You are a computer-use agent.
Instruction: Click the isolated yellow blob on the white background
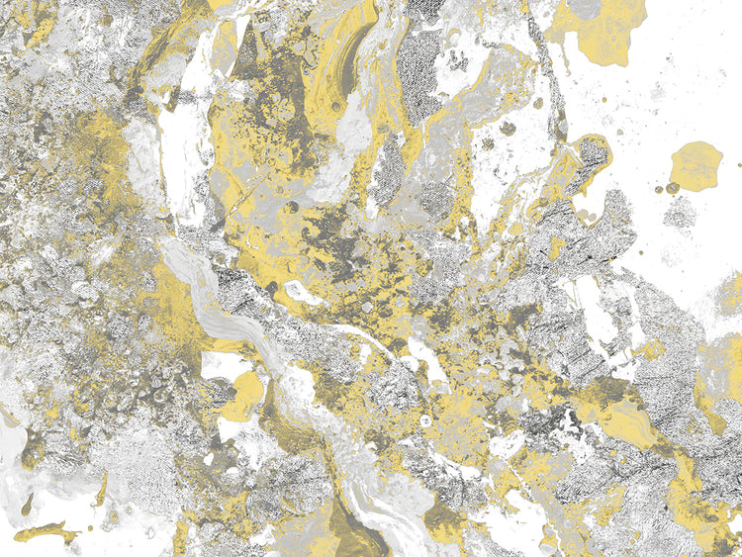click(696, 164)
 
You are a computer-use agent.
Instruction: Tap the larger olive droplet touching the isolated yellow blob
click(673, 188)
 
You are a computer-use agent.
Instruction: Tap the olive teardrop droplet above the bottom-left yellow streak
click(27, 504)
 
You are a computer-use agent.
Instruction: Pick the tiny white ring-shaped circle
click(425, 420)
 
